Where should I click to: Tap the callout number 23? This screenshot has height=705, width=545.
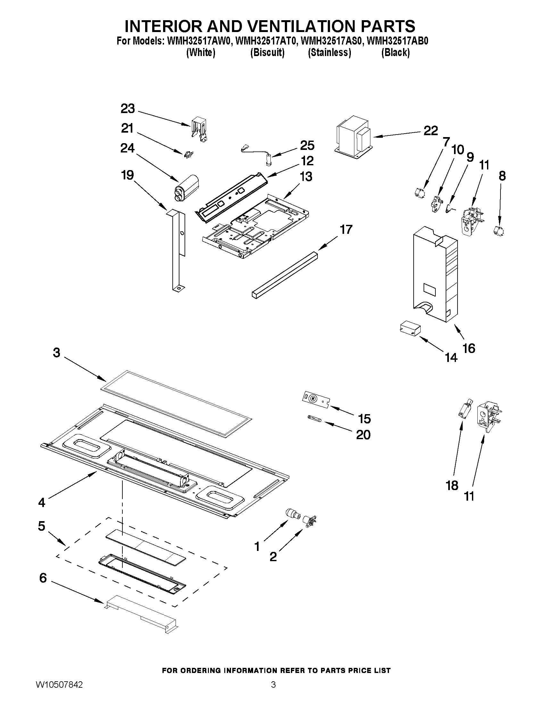tap(128, 109)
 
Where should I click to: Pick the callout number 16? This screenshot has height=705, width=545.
tap(469, 348)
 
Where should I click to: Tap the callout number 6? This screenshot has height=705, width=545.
tap(43, 578)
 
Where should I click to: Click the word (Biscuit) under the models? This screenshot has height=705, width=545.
tap(267, 52)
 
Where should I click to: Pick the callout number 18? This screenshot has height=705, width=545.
tap(452, 494)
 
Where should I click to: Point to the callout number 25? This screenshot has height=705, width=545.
tap(307, 146)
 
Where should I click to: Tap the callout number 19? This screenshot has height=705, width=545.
tap(128, 175)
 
